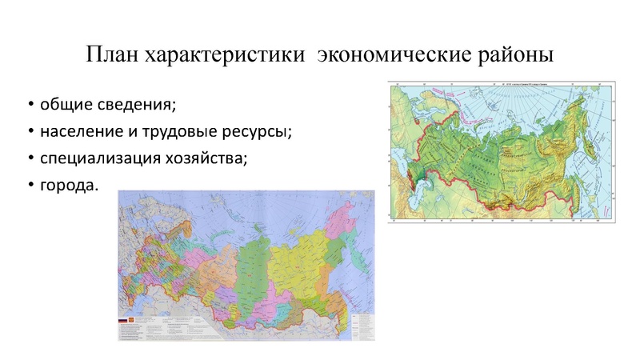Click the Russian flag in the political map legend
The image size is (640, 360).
click(123, 321)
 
